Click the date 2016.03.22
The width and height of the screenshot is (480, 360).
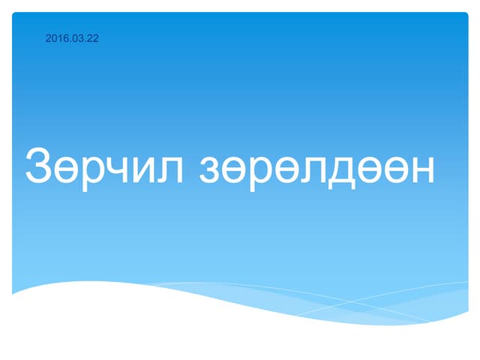coord(72,38)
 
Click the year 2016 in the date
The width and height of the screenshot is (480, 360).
coord(55,38)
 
